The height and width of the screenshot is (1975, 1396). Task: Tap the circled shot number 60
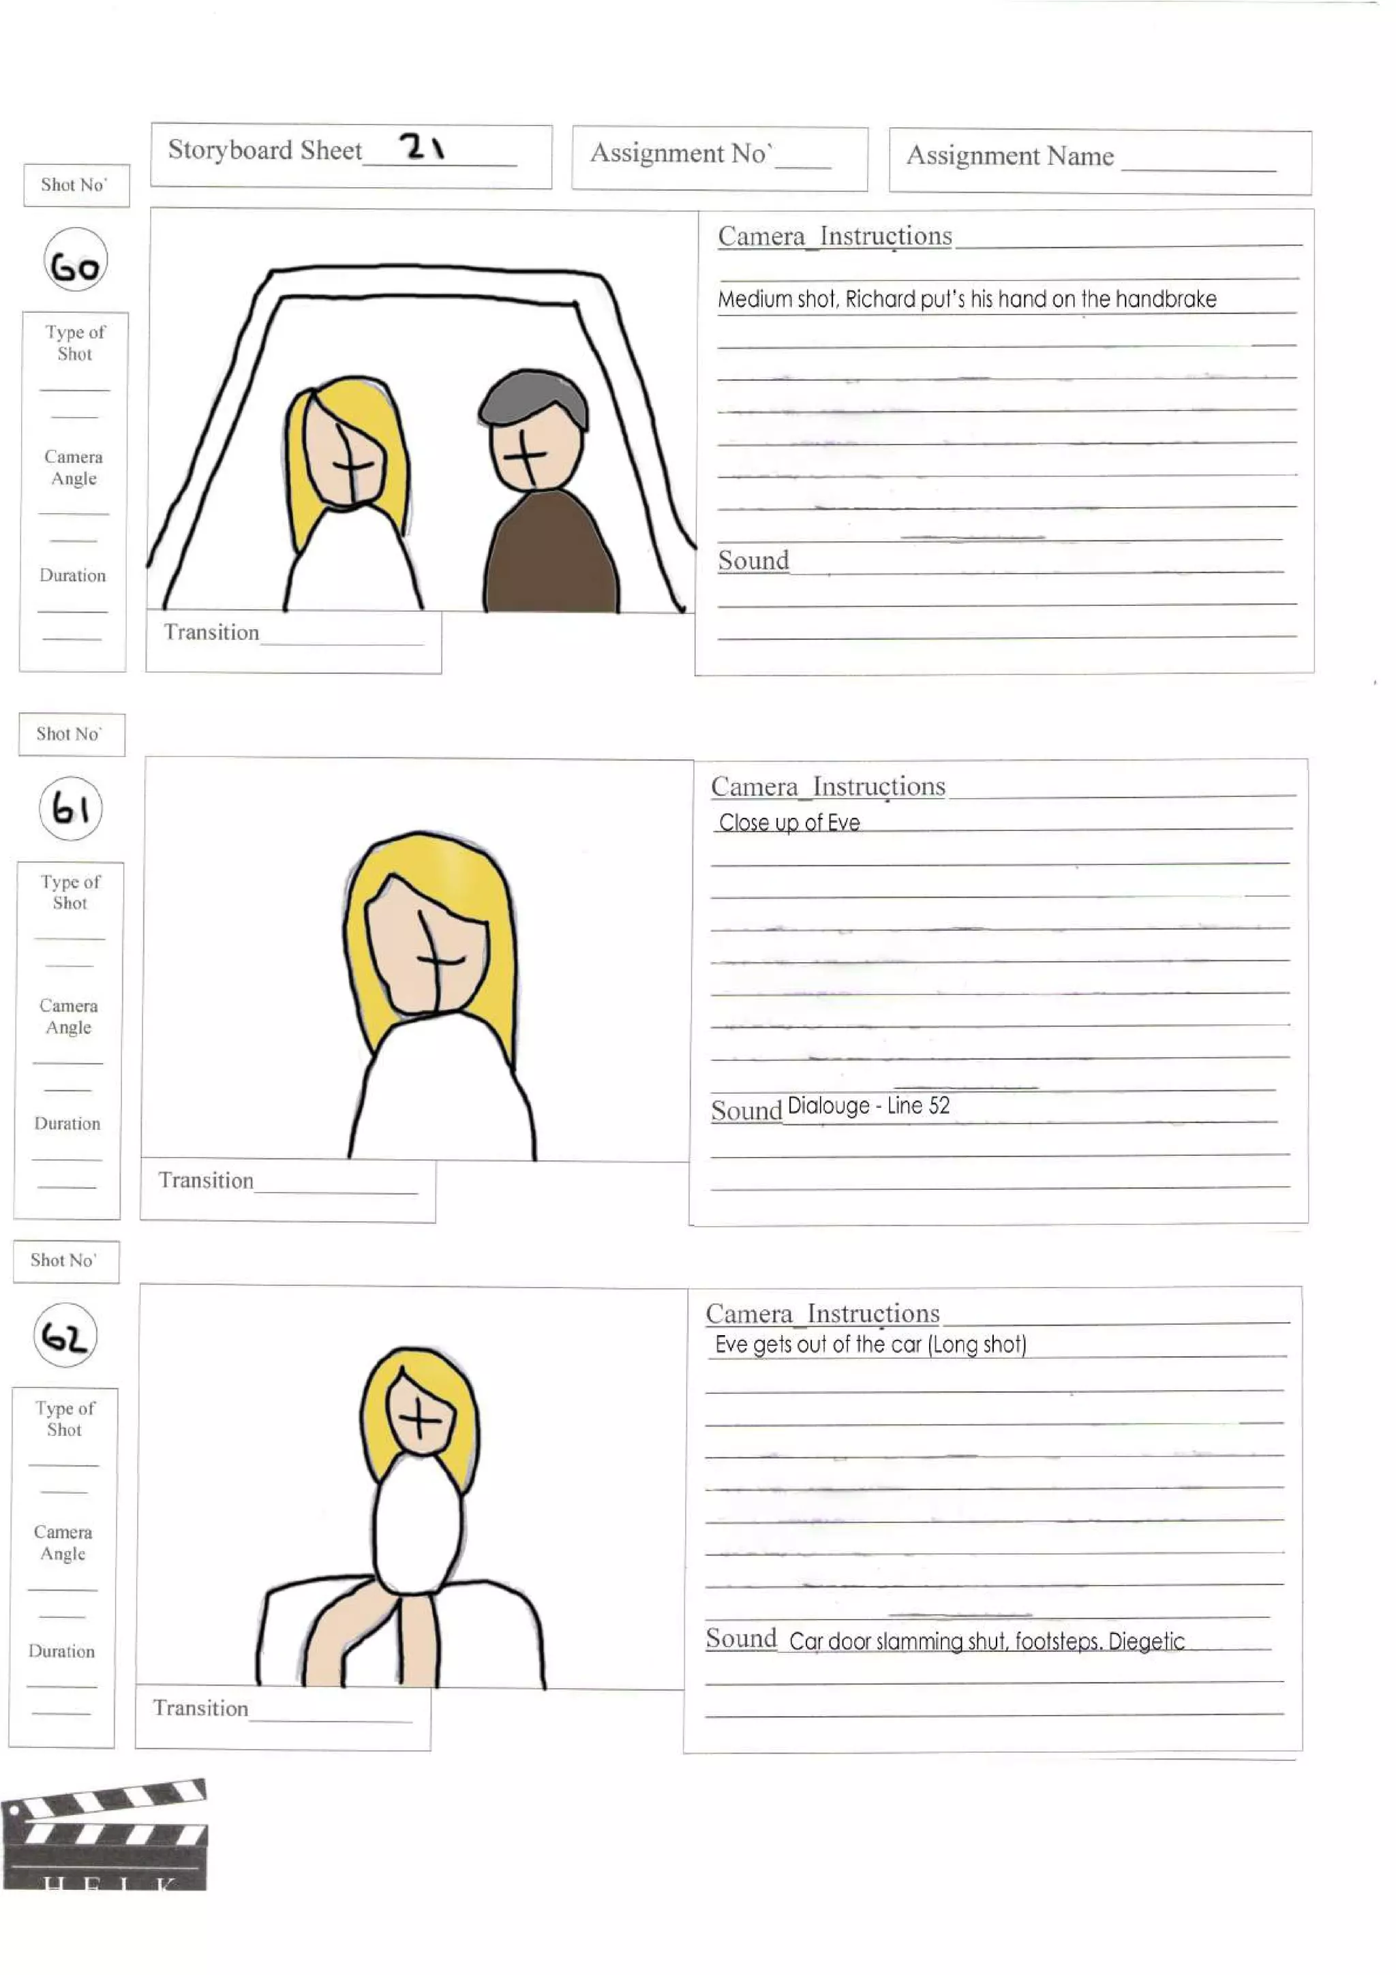[76, 260]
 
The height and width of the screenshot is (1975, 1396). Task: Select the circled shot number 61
[70, 808]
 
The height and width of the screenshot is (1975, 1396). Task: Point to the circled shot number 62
[65, 1336]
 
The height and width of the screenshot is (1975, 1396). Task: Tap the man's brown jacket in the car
[551, 555]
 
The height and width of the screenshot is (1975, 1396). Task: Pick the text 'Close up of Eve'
[789, 823]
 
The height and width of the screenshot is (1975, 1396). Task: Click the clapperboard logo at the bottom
[105, 1835]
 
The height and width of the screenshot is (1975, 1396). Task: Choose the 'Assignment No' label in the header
[680, 153]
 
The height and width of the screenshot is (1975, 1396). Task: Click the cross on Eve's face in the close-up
[437, 959]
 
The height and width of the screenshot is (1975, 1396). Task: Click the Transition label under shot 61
[206, 1180]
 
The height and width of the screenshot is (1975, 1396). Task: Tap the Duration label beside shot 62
[61, 1651]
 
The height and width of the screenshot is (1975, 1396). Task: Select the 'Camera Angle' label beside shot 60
[74, 467]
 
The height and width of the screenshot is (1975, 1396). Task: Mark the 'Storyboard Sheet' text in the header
[265, 150]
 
